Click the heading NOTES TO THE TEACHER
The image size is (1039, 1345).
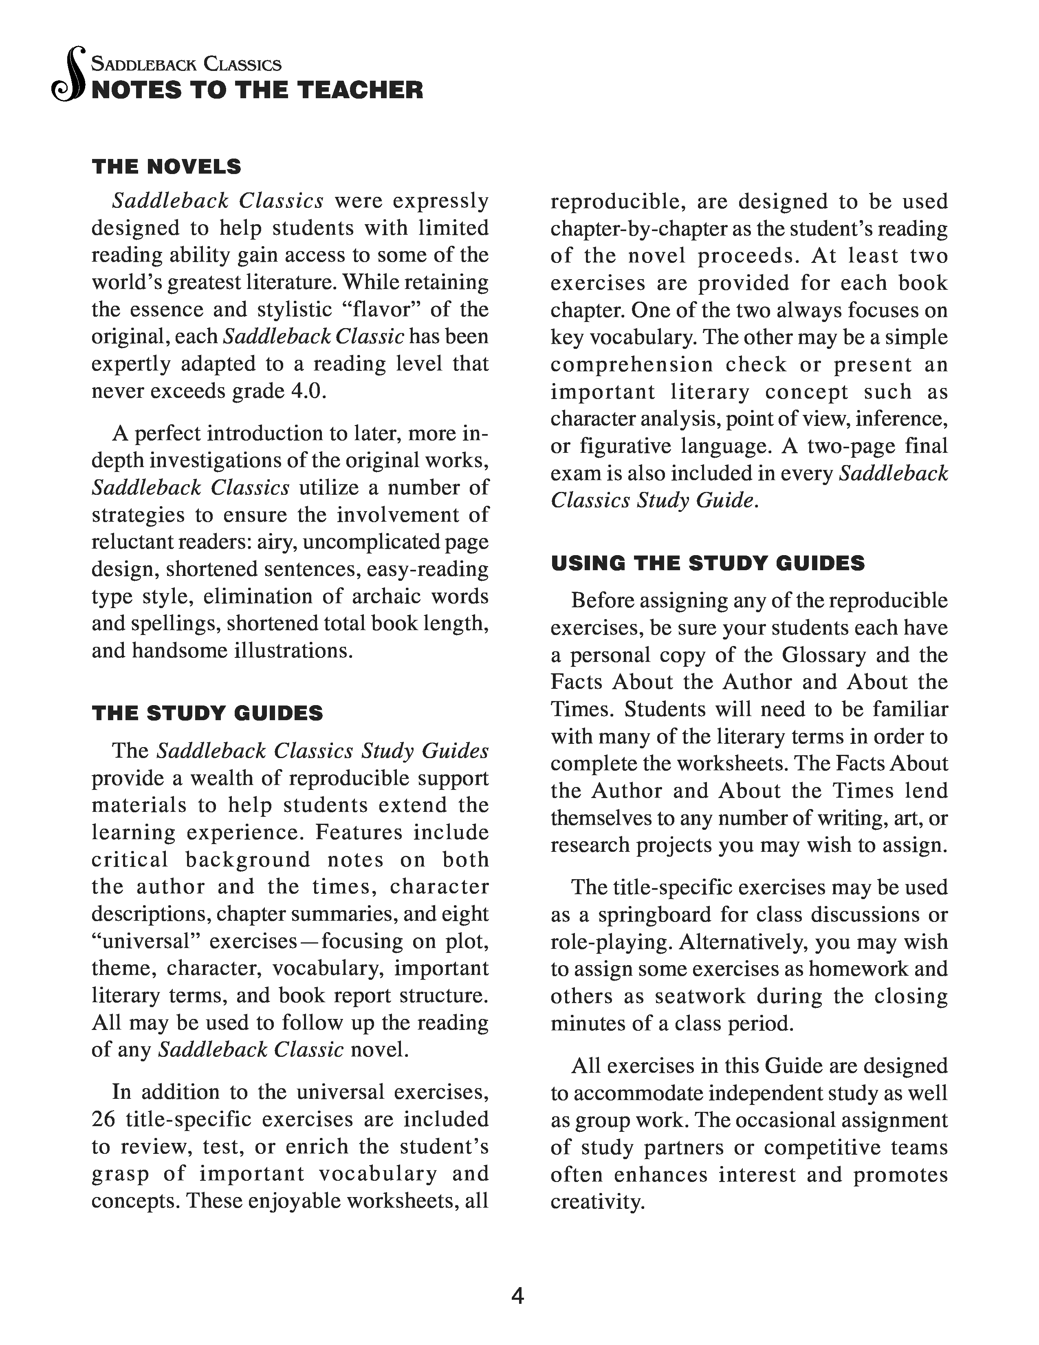click(257, 90)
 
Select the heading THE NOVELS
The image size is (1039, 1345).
click(166, 167)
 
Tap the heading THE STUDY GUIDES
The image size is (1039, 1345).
click(207, 713)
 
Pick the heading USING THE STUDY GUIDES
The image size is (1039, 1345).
click(707, 563)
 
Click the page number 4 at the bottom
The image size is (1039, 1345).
click(517, 1296)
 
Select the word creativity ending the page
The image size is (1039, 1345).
click(597, 1202)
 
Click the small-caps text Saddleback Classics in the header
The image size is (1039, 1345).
click(186, 64)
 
